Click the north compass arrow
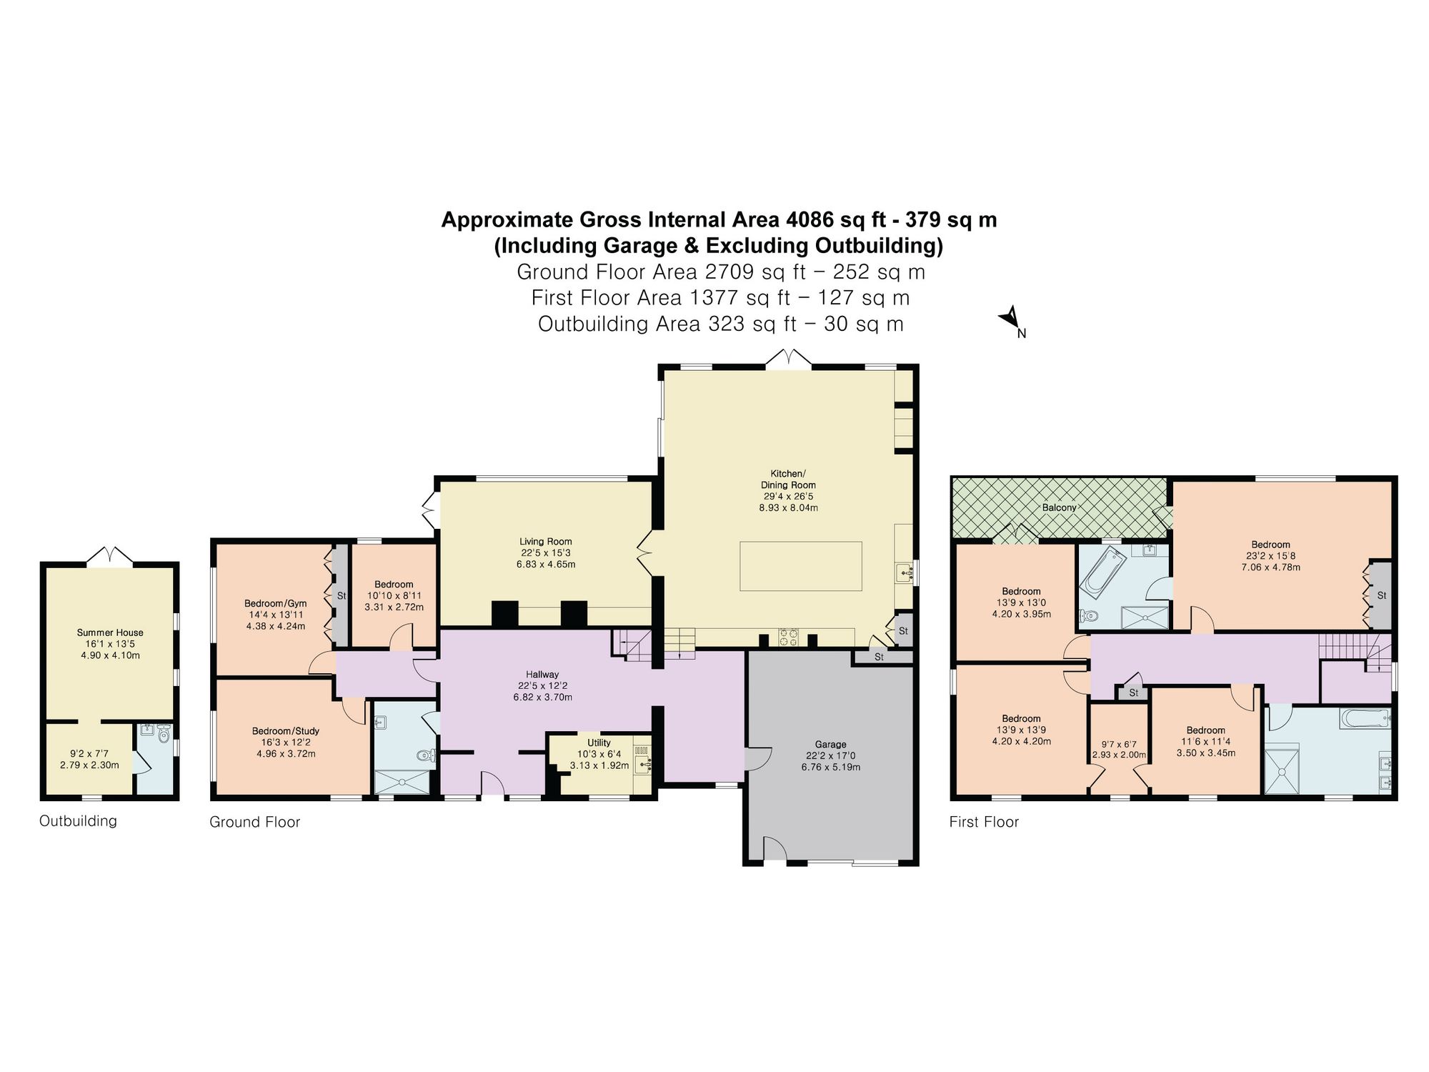coord(1010,319)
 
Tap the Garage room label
coord(830,744)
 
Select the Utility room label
coord(599,743)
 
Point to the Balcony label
coord(1059,507)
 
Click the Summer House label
coord(110,632)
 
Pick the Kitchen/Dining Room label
coord(788,480)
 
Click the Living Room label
coord(546,542)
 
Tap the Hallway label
coord(542,674)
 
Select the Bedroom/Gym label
coord(275,603)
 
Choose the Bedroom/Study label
coord(285,731)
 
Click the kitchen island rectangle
coord(800,566)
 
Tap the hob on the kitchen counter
coord(788,637)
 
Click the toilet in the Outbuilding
coord(164,734)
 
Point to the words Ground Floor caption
coord(254,823)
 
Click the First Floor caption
coord(984,822)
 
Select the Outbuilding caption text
coord(78,821)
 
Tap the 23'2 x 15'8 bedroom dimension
coord(1270,556)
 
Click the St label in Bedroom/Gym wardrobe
coord(341,595)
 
